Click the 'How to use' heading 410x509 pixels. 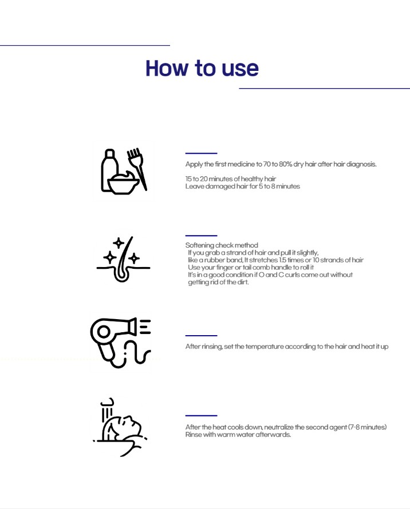202,68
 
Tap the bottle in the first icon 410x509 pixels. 109,170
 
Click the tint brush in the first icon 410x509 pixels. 137,168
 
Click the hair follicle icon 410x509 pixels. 123,259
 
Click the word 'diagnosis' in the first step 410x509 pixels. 361,164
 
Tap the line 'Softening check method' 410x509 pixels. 222,245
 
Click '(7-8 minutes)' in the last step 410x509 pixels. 367,427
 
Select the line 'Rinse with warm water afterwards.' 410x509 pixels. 238,435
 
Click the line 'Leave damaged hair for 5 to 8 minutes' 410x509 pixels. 243,186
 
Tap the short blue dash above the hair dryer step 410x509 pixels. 201,335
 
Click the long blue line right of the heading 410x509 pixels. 325,88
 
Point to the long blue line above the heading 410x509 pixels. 85,45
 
